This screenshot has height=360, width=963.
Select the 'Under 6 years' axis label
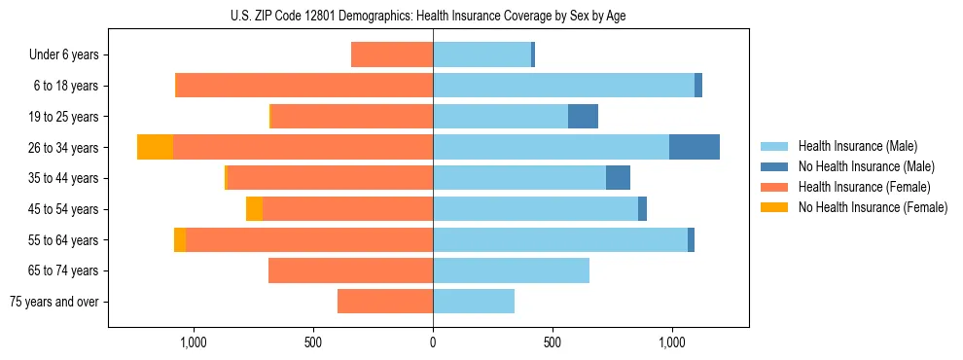point(64,54)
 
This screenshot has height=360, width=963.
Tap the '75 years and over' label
point(54,302)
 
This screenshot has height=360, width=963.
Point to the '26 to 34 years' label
point(63,148)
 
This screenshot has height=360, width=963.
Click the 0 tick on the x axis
point(433,342)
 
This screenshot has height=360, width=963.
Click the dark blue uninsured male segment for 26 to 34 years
point(695,147)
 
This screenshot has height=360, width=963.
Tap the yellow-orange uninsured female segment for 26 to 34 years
point(155,147)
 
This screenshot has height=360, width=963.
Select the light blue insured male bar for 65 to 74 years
point(511,270)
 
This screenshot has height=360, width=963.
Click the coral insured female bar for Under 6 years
point(392,54)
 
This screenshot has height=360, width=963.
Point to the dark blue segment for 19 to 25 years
point(583,117)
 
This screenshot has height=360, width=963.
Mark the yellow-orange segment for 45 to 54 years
point(254,209)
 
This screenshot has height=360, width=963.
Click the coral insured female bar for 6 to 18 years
point(304,86)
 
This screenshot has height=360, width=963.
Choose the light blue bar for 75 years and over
point(474,302)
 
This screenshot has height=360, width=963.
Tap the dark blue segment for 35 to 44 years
point(618,178)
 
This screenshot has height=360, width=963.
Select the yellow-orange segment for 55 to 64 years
point(180,240)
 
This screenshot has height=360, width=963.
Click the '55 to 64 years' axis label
point(63,240)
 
